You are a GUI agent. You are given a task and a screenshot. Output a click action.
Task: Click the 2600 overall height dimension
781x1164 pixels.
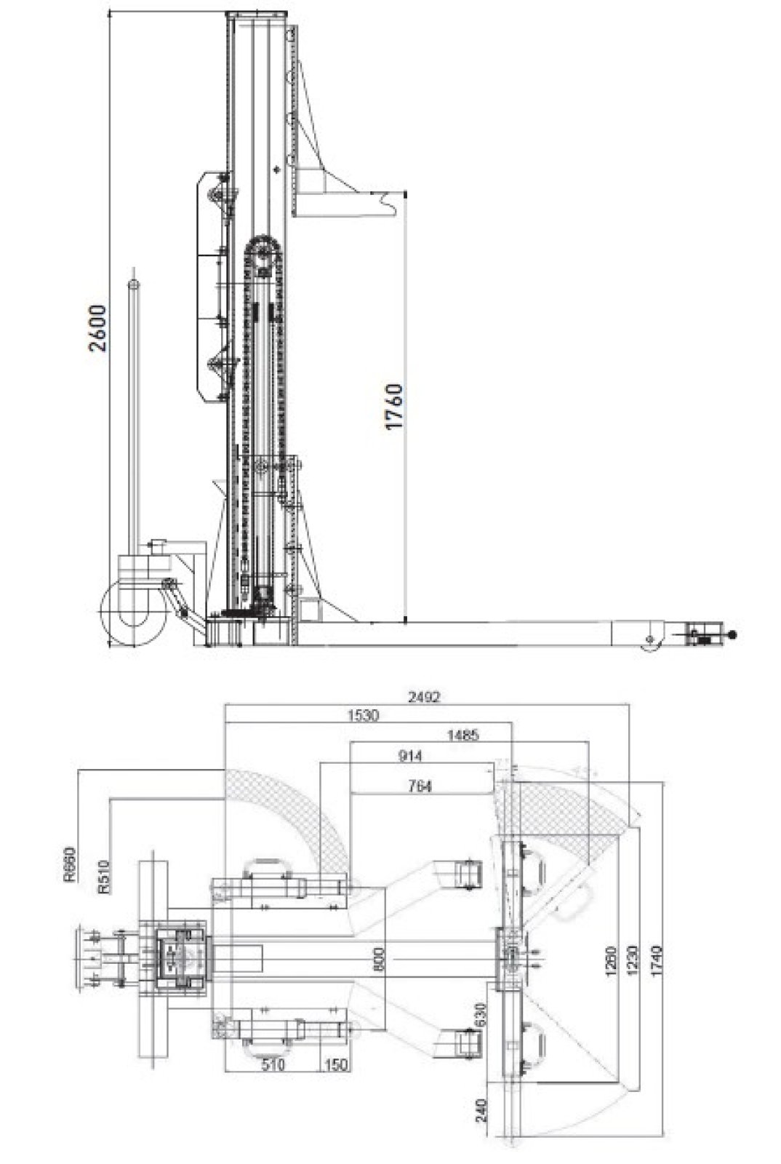[x=97, y=328]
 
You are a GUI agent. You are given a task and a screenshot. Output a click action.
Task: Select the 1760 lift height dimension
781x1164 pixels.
[x=393, y=407]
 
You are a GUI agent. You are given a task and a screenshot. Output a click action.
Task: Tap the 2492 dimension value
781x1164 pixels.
[x=424, y=697]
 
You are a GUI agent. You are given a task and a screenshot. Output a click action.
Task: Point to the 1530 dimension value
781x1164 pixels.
[x=363, y=716]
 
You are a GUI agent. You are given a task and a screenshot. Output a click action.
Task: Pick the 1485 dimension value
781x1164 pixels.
[x=462, y=736]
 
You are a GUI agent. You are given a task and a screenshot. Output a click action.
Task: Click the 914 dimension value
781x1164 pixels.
[x=410, y=756]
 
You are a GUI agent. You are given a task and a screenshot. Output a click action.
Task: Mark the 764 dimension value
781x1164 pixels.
[x=420, y=786]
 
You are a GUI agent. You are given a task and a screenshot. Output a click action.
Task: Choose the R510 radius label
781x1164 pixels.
[x=104, y=877]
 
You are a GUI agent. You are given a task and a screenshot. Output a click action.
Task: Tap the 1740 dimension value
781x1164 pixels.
[x=657, y=961]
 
